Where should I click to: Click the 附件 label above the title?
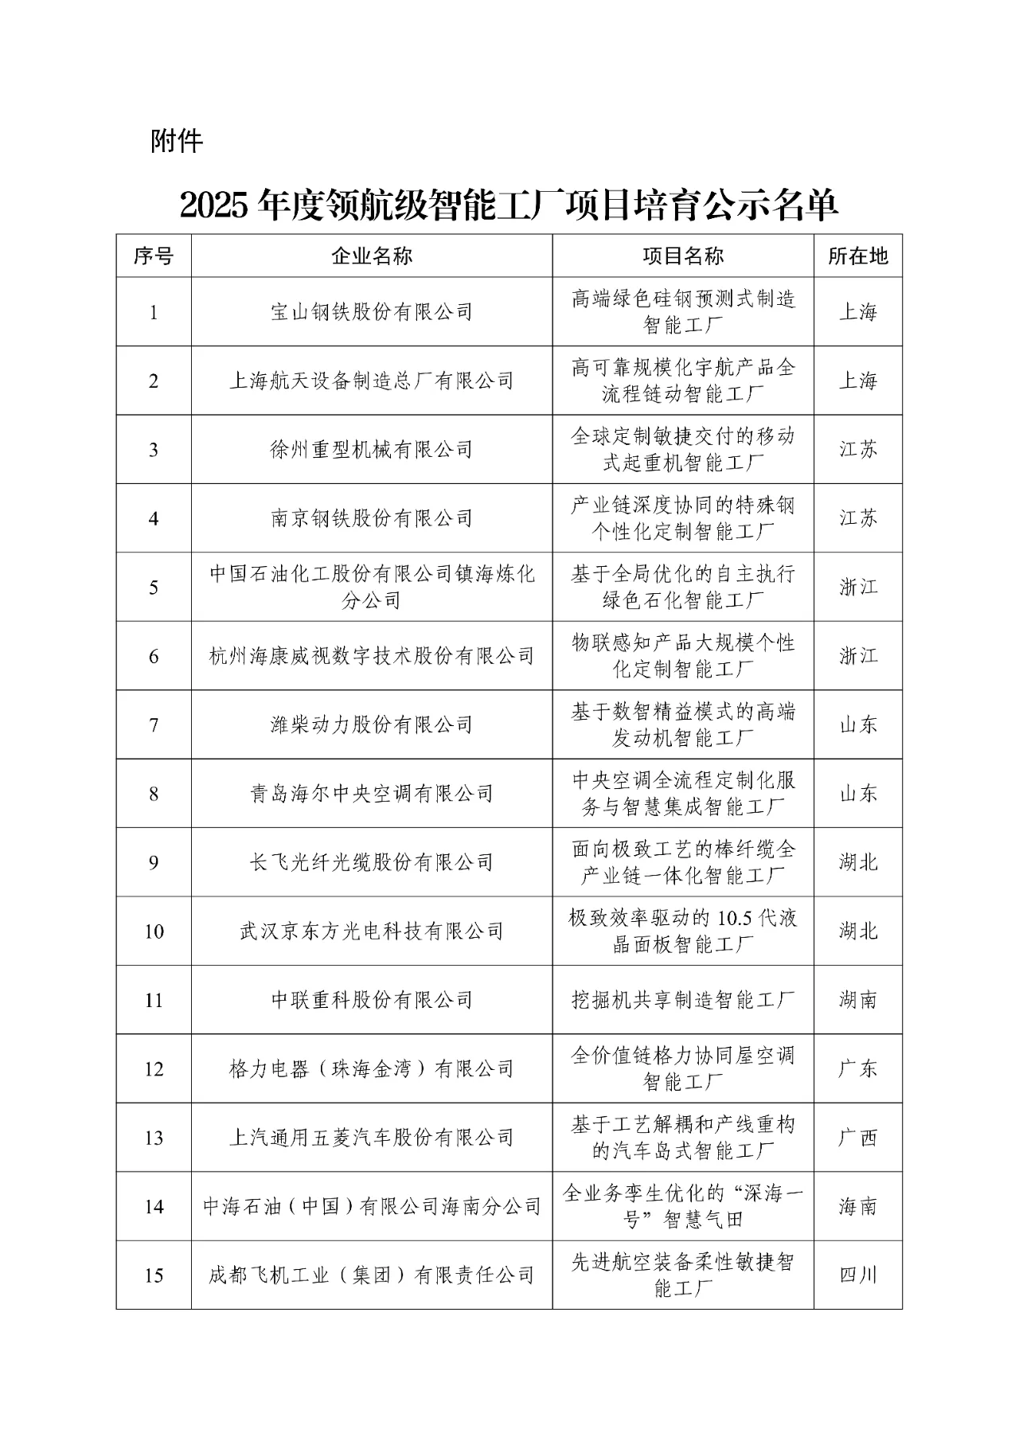[x=177, y=142]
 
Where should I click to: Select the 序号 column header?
[x=154, y=256]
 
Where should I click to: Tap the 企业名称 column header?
[x=372, y=256]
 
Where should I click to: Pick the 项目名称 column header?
[x=683, y=256]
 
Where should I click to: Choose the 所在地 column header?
[x=857, y=256]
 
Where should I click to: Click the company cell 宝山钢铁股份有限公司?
[x=372, y=312]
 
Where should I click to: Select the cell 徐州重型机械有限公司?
[x=372, y=450]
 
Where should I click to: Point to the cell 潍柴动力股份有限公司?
[x=372, y=725]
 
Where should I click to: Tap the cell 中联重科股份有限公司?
[x=372, y=1000]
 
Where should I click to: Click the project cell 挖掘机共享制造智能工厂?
[x=683, y=1000]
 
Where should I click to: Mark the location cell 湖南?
[x=857, y=1000]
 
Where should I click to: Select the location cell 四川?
[x=857, y=1275]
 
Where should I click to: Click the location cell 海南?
[x=857, y=1207]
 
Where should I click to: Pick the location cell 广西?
[x=857, y=1138]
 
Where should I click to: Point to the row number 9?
[x=154, y=863]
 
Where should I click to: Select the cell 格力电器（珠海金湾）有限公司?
[x=372, y=1069]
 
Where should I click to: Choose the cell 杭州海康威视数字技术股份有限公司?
[x=372, y=656]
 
